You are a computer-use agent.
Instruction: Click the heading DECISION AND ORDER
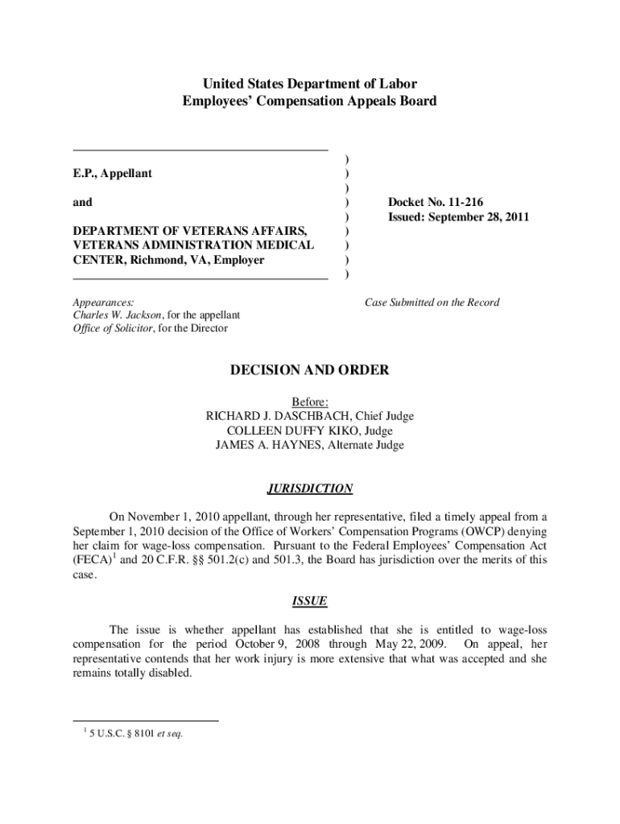point(309,370)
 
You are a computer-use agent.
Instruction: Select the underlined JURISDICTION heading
point(309,488)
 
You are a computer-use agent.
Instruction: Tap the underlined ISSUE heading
point(309,602)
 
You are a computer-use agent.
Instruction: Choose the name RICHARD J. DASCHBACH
point(279,416)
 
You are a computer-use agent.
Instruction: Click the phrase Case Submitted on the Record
point(432,303)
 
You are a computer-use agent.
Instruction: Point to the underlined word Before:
point(309,402)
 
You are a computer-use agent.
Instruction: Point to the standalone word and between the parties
point(82,202)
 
